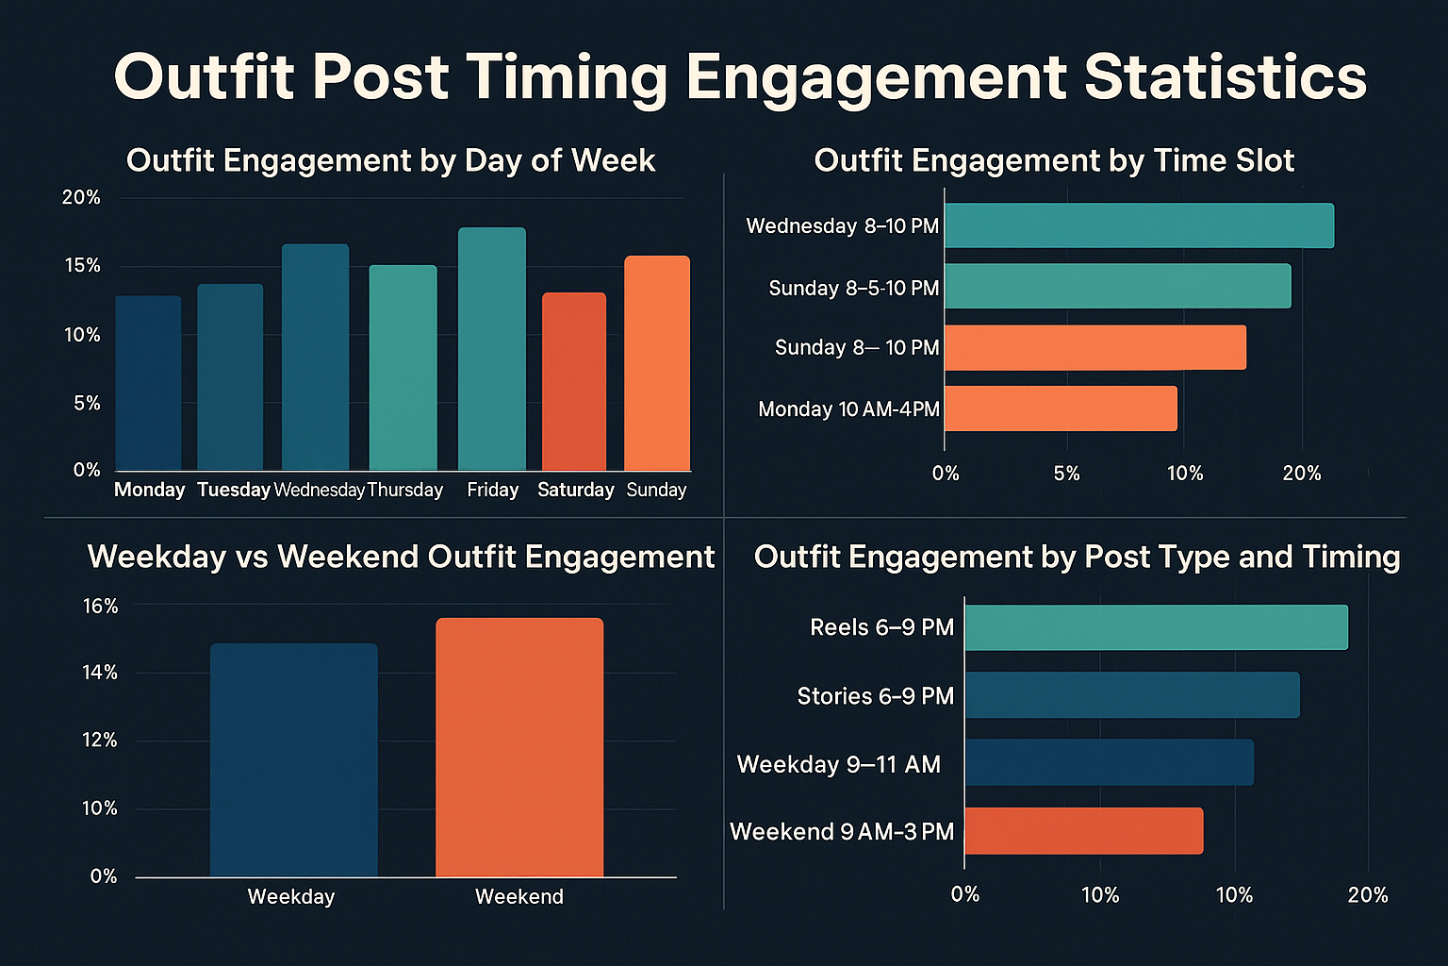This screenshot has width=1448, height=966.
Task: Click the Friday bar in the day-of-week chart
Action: [491, 349]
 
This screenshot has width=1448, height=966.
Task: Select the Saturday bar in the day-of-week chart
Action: [573, 382]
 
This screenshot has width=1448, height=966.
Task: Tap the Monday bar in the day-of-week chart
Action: [148, 383]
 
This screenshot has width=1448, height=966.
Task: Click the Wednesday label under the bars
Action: [319, 490]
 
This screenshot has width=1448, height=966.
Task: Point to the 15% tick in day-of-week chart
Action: [82, 266]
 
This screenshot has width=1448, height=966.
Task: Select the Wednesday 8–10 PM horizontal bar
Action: [1139, 225]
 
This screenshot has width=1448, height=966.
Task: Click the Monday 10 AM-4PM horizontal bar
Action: [1061, 408]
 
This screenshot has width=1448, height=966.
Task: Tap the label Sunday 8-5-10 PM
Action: [853, 288]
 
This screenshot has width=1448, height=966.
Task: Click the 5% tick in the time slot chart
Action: [1066, 474]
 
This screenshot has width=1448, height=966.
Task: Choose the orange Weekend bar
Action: [518, 747]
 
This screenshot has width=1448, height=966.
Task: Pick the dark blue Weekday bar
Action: [293, 759]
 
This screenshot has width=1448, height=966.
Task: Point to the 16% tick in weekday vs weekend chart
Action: [100, 606]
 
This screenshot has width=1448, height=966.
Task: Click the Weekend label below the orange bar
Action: [518, 896]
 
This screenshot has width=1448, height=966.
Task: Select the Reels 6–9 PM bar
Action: [1156, 627]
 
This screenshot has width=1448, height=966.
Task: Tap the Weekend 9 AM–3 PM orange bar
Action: [1083, 831]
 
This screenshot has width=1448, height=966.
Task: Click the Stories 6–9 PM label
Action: [875, 696]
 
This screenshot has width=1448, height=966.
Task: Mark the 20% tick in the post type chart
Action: [1367, 894]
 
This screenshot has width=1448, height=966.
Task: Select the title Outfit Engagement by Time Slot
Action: [1053, 160]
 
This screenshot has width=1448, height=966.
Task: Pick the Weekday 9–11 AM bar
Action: [1109, 763]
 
